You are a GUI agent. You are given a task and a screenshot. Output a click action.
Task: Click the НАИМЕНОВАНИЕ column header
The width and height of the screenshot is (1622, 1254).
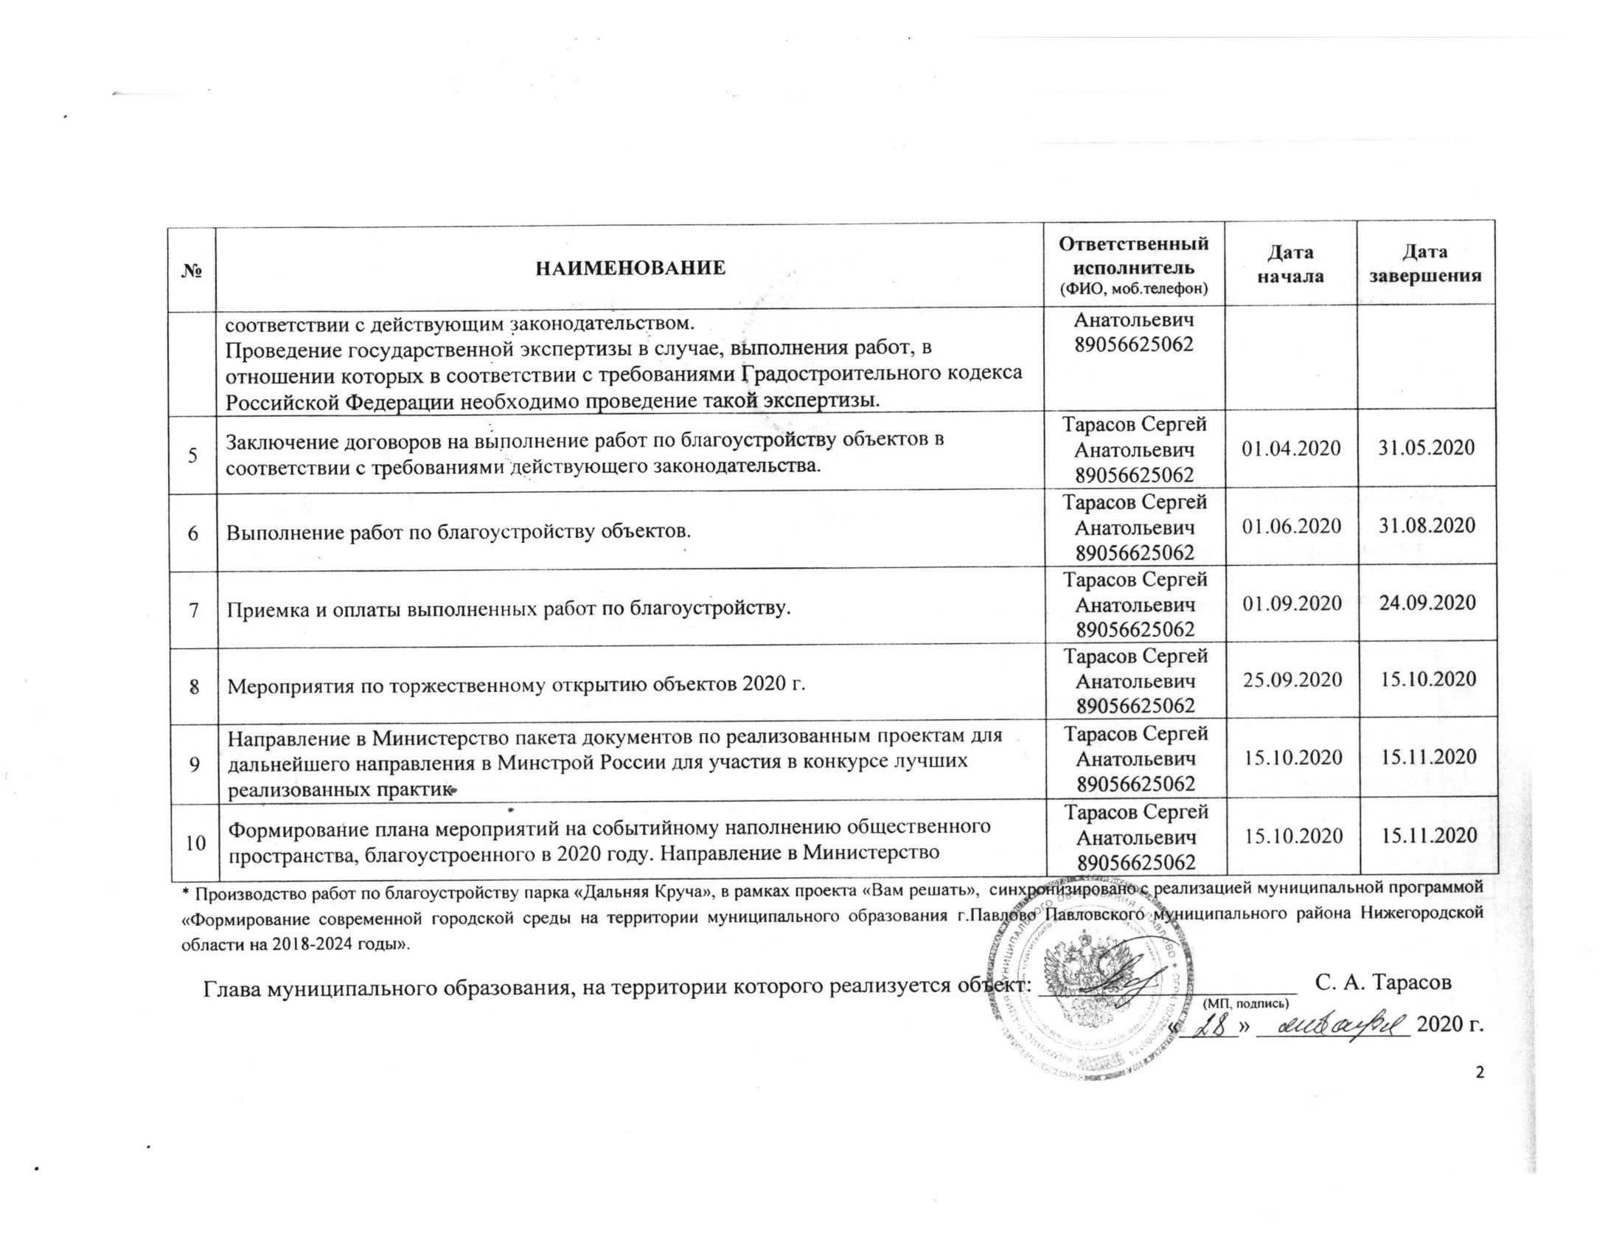coord(630,268)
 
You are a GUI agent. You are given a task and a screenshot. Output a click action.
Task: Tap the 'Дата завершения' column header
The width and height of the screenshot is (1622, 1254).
coord(1425,264)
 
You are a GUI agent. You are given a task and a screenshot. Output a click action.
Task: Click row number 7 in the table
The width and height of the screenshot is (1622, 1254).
coord(193,609)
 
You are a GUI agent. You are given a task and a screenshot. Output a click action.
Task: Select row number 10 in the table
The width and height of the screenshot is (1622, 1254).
coord(195,842)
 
